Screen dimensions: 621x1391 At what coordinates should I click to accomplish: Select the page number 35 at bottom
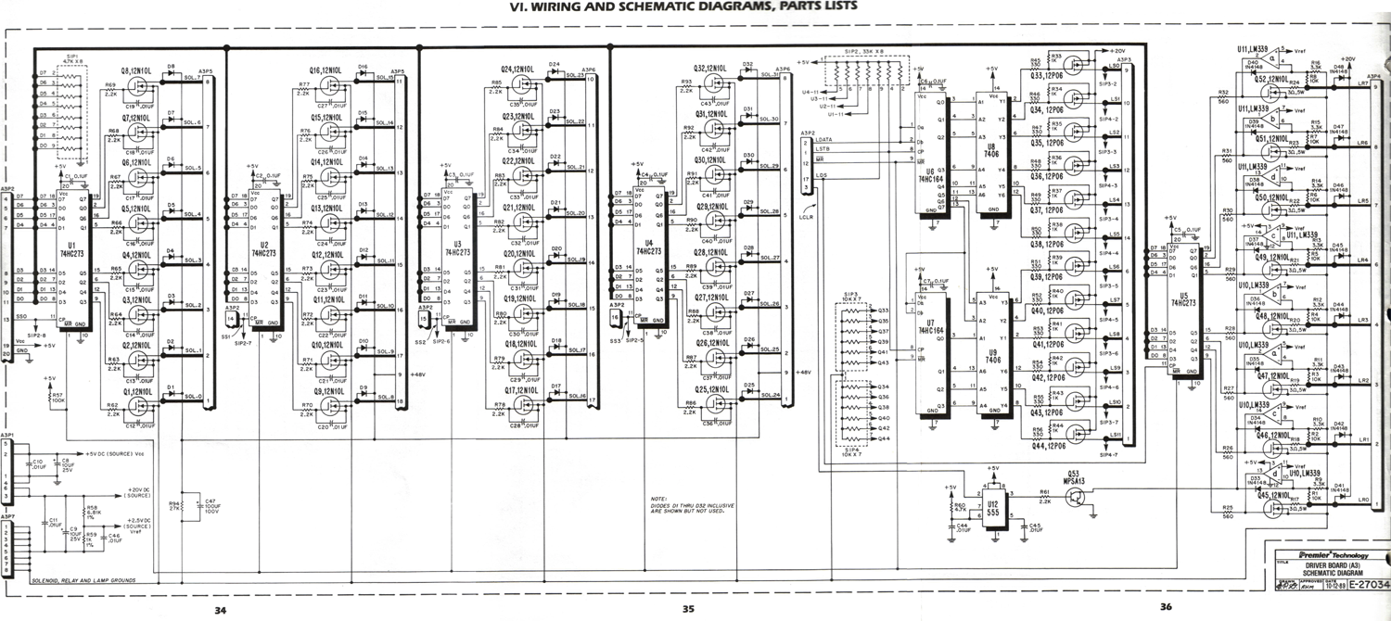pyautogui.click(x=687, y=609)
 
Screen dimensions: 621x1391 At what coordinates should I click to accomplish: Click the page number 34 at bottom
pyautogui.click(x=220, y=609)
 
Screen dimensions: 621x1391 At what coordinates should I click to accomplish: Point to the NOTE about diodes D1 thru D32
pyautogui.click(x=692, y=506)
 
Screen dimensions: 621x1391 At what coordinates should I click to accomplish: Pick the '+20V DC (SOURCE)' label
pyautogui.click(x=115, y=493)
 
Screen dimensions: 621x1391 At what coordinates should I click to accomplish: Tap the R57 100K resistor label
pyautogui.click(x=57, y=397)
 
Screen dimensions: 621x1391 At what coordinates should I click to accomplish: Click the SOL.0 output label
pyautogui.click(x=193, y=397)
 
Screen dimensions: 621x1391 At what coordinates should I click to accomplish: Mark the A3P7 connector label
pyautogui.click(x=8, y=516)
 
